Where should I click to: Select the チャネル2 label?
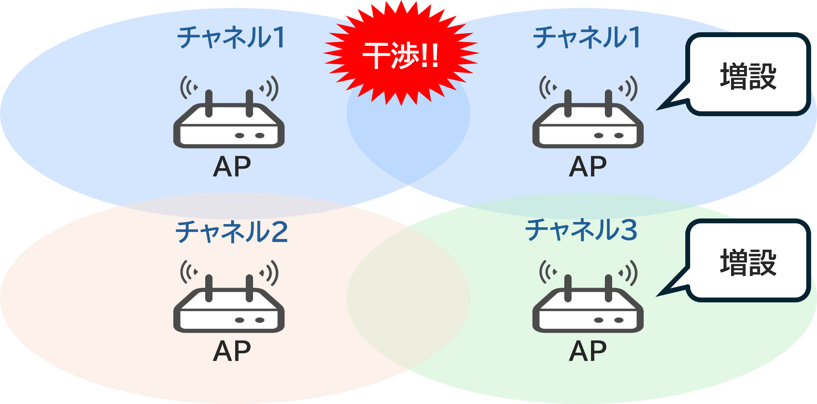pyautogui.click(x=232, y=232)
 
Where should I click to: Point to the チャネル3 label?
pyautogui.click(x=581, y=230)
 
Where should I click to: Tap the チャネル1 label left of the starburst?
pyautogui.click(x=232, y=37)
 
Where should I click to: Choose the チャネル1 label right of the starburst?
pyautogui.click(x=587, y=37)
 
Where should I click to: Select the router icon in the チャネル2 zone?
pyautogui.click(x=229, y=305)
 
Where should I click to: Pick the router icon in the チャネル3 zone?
pyautogui.click(x=588, y=305)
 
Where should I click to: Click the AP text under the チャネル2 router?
pyautogui.click(x=232, y=351)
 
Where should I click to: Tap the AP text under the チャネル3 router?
pyautogui.click(x=588, y=351)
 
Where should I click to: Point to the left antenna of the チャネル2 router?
pyautogui.click(x=209, y=288)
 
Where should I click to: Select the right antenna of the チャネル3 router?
pyautogui.click(x=608, y=288)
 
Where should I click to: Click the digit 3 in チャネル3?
pyautogui.click(x=628, y=230)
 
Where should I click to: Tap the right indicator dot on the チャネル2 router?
pyautogui.click(x=260, y=320)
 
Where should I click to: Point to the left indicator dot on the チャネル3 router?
pyautogui.click(x=599, y=320)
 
